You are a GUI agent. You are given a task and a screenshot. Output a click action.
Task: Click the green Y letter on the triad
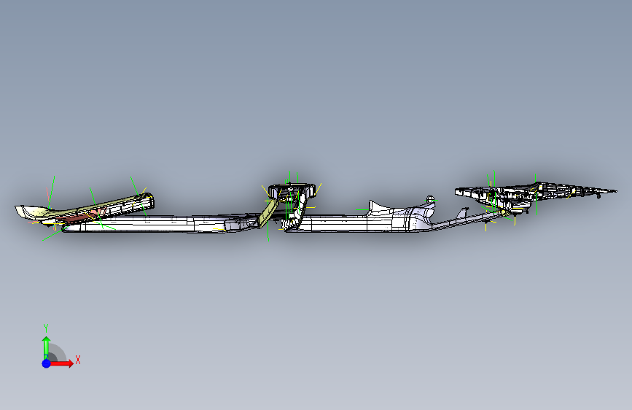[x=45, y=328]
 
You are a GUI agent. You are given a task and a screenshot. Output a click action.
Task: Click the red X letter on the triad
[x=77, y=360]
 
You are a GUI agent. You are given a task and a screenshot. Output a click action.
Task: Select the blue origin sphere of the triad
[x=46, y=363]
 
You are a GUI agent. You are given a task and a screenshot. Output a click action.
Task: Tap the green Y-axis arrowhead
[x=45, y=340]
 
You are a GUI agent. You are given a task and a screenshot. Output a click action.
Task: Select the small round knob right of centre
[x=431, y=199]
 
